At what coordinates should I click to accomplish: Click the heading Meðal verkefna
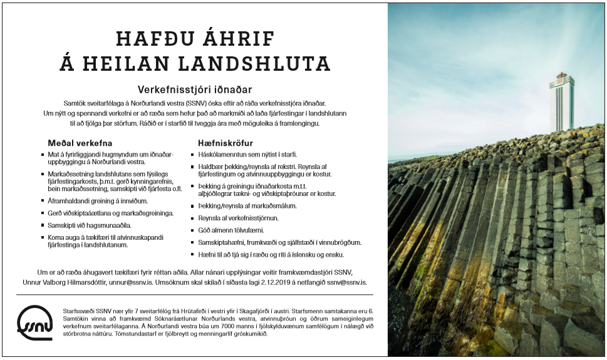coord(80,143)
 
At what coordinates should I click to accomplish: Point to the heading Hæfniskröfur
coord(226,143)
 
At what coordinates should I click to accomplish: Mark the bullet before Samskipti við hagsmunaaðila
coord(42,225)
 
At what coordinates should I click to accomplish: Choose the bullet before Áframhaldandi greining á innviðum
coord(42,201)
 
